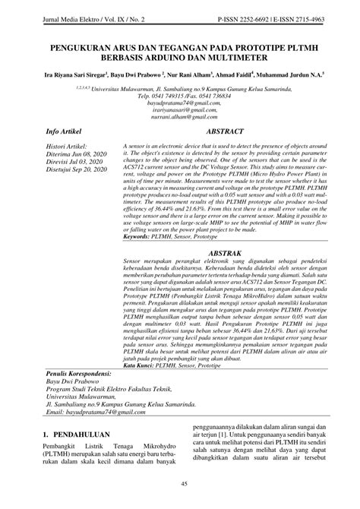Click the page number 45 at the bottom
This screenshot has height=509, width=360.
(x=180, y=485)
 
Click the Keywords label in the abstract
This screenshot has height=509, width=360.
(x=138, y=215)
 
